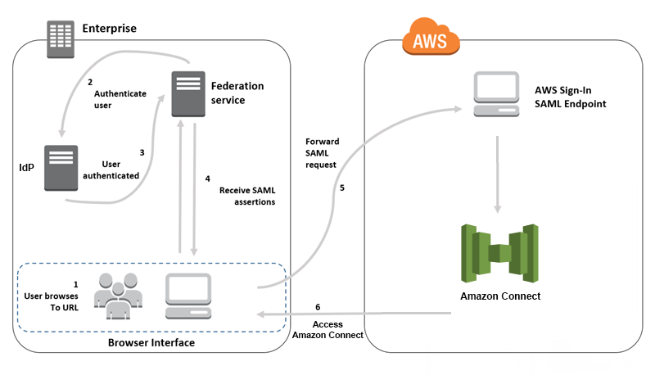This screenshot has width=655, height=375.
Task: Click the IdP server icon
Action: (61, 167)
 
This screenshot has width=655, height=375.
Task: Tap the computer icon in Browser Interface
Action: (189, 296)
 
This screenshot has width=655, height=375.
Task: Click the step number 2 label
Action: (90, 82)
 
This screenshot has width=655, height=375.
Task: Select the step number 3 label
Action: (142, 151)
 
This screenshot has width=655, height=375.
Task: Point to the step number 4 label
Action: (207, 178)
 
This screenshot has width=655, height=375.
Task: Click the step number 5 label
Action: (341, 187)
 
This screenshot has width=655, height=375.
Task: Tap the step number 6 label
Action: (318, 307)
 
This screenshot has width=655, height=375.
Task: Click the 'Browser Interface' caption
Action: (151, 342)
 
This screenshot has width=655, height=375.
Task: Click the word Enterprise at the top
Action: (109, 29)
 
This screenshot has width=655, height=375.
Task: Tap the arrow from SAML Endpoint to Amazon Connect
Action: (499, 173)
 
